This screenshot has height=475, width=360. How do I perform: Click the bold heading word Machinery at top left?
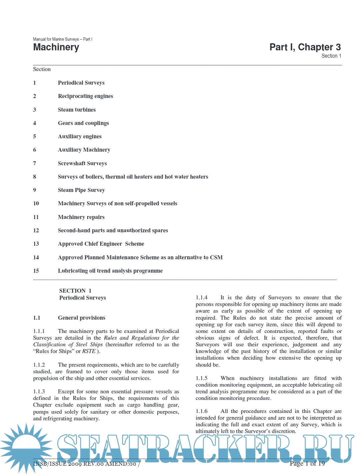[x=56, y=47]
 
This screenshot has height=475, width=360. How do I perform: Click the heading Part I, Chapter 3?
[x=305, y=47]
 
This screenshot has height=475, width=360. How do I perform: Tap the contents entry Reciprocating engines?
[x=85, y=96]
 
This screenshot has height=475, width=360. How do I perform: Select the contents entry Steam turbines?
[x=77, y=110]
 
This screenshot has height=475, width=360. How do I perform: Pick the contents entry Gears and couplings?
[x=83, y=123]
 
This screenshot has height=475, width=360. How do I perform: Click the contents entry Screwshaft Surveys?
[x=82, y=163]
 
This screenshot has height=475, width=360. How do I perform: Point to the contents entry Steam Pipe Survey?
[x=81, y=190]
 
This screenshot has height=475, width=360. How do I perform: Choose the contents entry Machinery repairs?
[x=81, y=217]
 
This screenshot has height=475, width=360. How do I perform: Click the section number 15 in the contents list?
[x=36, y=271]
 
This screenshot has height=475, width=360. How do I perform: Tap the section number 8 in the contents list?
[x=35, y=177]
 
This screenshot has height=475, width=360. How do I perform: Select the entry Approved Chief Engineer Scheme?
[x=101, y=244]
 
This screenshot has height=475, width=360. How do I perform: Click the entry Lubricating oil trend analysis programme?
[x=110, y=271]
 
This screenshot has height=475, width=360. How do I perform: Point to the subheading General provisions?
[x=81, y=318]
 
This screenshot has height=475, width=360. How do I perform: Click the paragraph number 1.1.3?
[x=39, y=391]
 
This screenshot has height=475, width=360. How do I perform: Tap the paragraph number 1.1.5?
[x=202, y=378]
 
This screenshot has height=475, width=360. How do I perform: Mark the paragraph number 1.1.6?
[x=202, y=411]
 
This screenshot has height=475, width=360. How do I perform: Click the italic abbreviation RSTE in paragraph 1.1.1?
[x=89, y=351]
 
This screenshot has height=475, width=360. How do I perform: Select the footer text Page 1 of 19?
[x=307, y=463]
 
